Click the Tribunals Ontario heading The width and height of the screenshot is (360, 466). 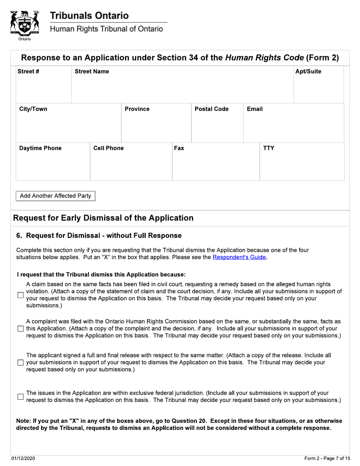click(89, 16)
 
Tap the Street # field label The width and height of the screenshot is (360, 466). click(28, 72)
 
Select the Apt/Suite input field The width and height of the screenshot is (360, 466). click(318, 89)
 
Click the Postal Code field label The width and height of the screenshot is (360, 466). click(211, 109)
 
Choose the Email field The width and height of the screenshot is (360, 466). click(293, 127)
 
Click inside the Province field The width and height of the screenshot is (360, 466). click(156, 127)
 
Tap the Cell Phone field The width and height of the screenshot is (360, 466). click(131, 165)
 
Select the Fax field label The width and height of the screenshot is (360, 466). click(179, 148)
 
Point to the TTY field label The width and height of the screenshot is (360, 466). click(269, 148)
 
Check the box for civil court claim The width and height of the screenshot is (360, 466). click(21, 295)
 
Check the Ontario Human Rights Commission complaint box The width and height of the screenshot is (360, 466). click(21, 329)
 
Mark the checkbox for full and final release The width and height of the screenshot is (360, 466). click(21, 363)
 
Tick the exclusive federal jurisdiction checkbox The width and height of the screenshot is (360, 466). click(21, 397)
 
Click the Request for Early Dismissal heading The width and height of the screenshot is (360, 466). click(103, 218)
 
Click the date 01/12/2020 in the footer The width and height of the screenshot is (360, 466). click(23, 459)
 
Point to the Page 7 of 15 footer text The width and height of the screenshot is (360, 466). click(327, 459)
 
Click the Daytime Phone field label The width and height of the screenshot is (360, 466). click(40, 148)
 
